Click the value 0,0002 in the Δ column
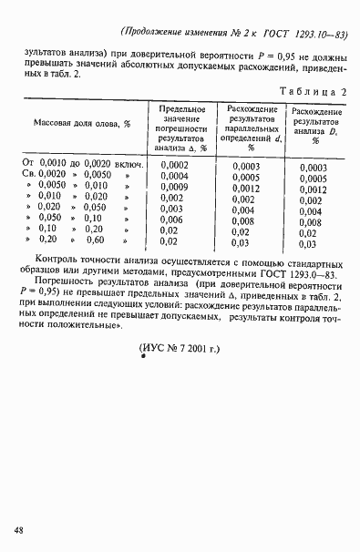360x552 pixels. click(x=173, y=164)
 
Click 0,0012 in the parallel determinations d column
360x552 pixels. click(x=246, y=189)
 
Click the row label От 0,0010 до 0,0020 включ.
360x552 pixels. click(x=81, y=163)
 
